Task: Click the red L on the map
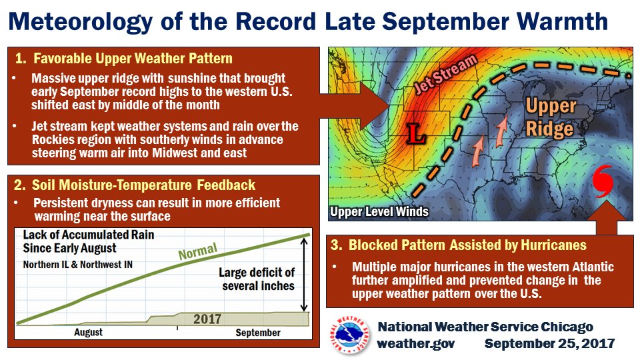click(x=416, y=133)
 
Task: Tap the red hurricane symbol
click(x=603, y=181)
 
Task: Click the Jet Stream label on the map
click(x=445, y=74)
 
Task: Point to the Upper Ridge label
click(x=551, y=117)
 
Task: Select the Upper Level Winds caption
click(x=379, y=211)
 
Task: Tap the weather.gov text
click(x=416, y=343)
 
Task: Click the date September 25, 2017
click(x=549, y=343)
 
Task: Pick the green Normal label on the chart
click(x=198, y=251)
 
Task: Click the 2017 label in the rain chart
click(x=207, y=319)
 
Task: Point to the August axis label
click(x=88, y=332)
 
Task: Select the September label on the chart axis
click(x=258, y=333)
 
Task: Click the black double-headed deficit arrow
click(x=304, y=275)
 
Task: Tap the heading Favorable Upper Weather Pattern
click(x=124, y=59)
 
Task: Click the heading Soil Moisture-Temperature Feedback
click(x=135, y=185)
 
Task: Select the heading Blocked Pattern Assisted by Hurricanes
click(x=459, y=245)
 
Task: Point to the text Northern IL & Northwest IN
click(x=78, y=265)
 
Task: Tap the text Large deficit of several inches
click(x=257, y=279)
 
